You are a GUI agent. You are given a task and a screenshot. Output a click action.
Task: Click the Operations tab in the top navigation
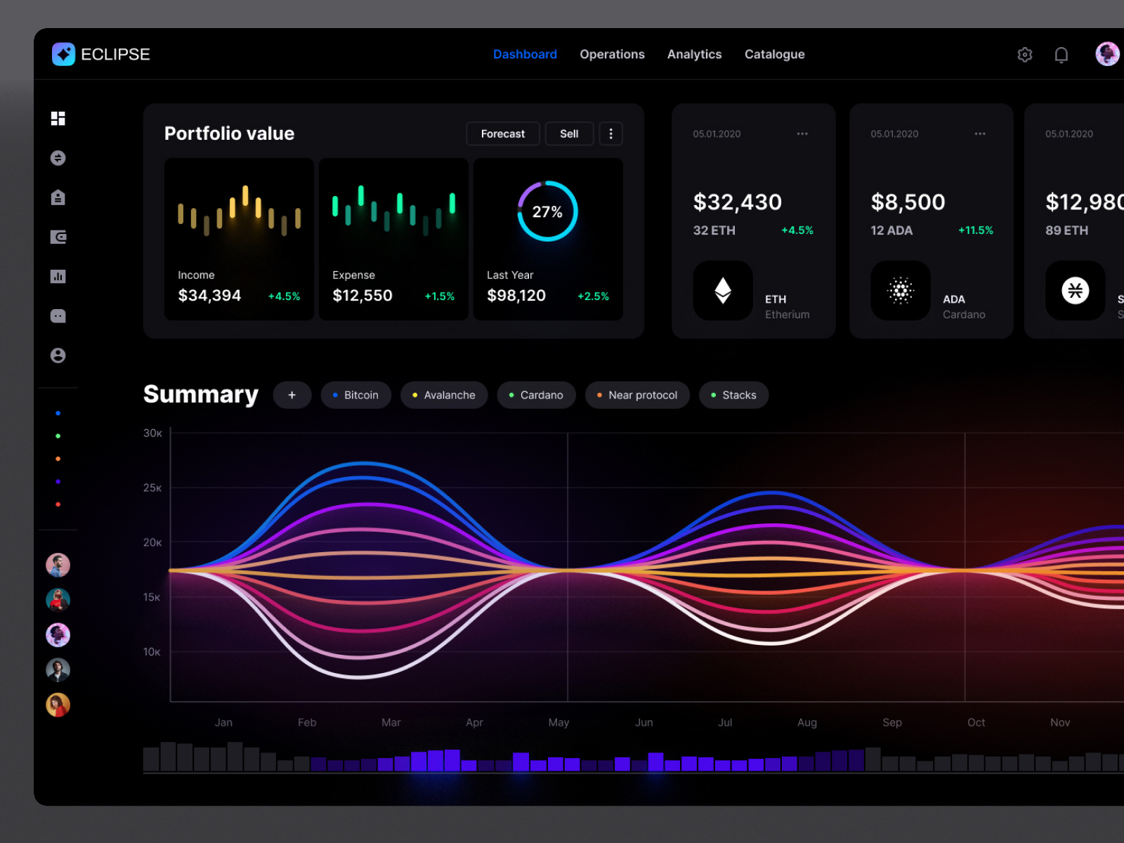click(612, 54)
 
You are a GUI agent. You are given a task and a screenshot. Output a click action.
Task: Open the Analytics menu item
click(694, 54)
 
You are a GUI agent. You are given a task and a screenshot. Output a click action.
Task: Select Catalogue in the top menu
click(774, 54)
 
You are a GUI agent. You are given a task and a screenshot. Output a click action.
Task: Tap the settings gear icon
click(1025, 55)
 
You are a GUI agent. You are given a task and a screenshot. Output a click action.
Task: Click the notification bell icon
click(1061, 55)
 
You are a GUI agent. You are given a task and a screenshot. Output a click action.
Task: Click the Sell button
click(569, 133)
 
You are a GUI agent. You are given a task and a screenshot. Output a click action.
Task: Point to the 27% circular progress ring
click(547, 211)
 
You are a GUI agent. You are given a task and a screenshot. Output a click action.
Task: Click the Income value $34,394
click(209, 296)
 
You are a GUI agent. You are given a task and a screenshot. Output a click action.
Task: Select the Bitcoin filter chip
click(355, 395)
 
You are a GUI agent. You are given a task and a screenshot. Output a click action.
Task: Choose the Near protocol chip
click(636, 395)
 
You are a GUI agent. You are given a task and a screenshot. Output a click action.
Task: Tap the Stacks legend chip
click(733, 395)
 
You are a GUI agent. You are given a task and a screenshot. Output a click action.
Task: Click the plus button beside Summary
click(292, 395)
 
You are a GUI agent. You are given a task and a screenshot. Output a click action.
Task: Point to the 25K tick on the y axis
click(152, 488)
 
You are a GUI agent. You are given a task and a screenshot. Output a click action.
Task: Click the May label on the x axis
click(558, 722)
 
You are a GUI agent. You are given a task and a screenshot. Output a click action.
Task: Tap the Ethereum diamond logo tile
click(723, 291)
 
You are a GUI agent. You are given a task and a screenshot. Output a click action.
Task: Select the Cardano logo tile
click(901, 291)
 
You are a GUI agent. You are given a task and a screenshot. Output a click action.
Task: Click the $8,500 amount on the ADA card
click(908, 202)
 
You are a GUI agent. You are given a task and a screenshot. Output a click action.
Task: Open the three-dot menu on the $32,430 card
click(802, 133)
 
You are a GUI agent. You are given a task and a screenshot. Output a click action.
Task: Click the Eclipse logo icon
click(64, 54)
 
